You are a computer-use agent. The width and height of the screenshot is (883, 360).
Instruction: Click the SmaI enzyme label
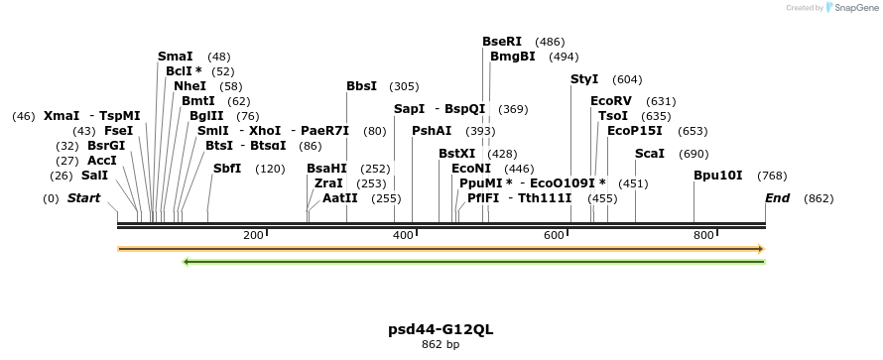pyautogui.click(x=175, y=57)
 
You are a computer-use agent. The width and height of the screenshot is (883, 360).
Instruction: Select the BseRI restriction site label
pyautogui.click(x=501, y=42)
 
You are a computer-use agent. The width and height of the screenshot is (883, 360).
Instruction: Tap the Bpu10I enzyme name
pyautogui.click(x=718, y=176)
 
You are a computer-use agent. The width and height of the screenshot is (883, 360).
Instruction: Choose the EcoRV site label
pyautogui.click(x=610, y=101)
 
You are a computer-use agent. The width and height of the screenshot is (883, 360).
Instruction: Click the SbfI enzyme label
pyautogui.click(x=227, y=169)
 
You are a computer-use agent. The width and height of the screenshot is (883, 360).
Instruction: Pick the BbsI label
pyautogui.click(x=361, y=86)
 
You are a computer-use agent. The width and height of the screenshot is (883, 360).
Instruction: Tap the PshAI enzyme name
pyautogui.click(x=432, y=131)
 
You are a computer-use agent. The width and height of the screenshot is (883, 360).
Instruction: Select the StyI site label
pyautogui.click(x=584, y=79)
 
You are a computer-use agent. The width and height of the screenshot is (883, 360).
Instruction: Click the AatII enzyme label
pyautogui.click(x=340, y=198)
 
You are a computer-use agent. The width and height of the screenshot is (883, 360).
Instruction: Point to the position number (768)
pyautogui.click(x=772, y=176)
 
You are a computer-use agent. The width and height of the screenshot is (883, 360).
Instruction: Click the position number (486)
pyautogui.click(x=550, y=42)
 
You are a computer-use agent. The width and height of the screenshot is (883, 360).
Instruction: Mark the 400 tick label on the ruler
pyautogui.click(x=403, y=235)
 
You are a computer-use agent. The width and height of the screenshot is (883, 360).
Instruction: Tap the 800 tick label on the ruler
pyautogui.click(x=703, y=235)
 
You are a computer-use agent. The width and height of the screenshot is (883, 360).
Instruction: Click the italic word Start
pyautogui.click(x=84, y=198)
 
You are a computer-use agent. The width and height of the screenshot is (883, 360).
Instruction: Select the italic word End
pyautogui.click(x=777, y=198)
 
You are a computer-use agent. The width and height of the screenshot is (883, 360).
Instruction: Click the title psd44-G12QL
pyautogui.click(x=441, y=328)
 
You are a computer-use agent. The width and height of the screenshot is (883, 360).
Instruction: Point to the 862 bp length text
pyautogui.click(x=441, y=345)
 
